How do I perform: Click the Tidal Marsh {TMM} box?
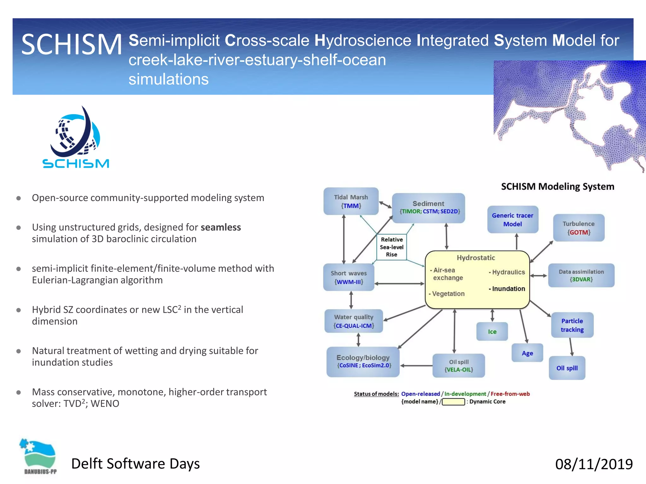click(x=351, y=201)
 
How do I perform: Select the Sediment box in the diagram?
click(x=428, y=208)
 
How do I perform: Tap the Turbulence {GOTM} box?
click(x=578, y=228)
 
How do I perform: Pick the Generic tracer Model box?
click(x=512, y=220)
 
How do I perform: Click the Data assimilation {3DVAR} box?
click(x=581, y=275)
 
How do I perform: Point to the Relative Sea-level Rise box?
click(x=391, y=247)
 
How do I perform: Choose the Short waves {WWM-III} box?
click(x=349, y=277)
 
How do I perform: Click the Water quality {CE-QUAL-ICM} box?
click(x=354, y=321)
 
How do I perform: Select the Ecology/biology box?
click(x=363, y=361)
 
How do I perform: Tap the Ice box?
click(x=492, y=331)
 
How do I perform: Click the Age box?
click(x=527, y=353)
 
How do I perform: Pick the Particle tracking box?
click(x=572, y=325)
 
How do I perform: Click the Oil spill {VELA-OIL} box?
click(x=458, y=366)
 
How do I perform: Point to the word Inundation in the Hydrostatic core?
click(x=508, y=289)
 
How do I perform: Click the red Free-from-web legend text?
click(x=510, y=394)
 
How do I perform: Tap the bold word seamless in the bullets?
click(x=220, y=227)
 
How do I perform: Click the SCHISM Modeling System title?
click(x=557, y=187)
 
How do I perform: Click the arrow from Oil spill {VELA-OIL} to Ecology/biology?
click(x=416, y=366)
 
